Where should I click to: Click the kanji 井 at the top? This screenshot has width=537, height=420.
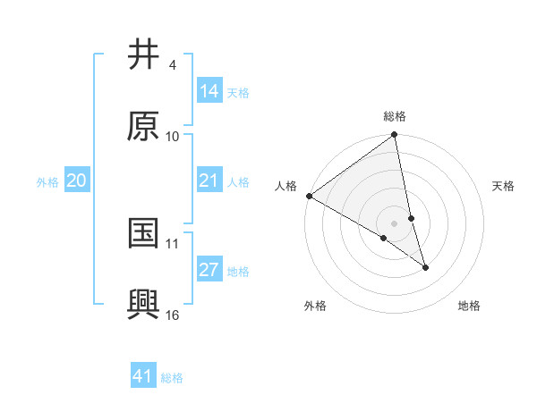pyautogui.click(x=143, y=55)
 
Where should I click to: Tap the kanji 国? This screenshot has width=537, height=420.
pyautogui.click(x=143, y=233)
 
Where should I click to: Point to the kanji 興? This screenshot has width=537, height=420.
pyautogui.click(x=143, y=305)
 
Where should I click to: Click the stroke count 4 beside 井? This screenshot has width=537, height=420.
pyautogui.click(x=172, y=65)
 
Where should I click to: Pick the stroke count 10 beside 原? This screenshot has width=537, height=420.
pyautogui.click(x=173, y=137)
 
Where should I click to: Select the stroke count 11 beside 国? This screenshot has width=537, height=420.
pyautogui.click(x=173, y=243)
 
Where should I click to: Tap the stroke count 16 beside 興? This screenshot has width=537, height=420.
pyautogui.click(x=173, y=315)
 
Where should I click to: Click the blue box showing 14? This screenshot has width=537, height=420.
pyautogui.click(x=209, y=91)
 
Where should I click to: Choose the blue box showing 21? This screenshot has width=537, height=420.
pyautogui.click(x=209, y=181)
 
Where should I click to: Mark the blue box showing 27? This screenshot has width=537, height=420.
pyautogui.click(x=209, y=270)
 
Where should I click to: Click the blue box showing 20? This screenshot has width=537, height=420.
pyautogui.click(x=77, y=181)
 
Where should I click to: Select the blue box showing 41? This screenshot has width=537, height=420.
pyautogui.click(x=143, y=376)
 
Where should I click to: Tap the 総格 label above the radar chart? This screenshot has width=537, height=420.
pyautogui.click(x=395, y=116)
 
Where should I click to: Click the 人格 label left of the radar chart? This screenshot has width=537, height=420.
pyautogui.click(x=286, y=186)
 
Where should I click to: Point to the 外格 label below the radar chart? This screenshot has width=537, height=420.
pyautogui.click(x=315, y=306)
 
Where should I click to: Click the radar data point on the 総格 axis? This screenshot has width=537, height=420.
pyautogui.click(x=395, y=136)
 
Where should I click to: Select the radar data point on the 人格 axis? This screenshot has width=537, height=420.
pyautogui.click(x=309, y=196)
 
